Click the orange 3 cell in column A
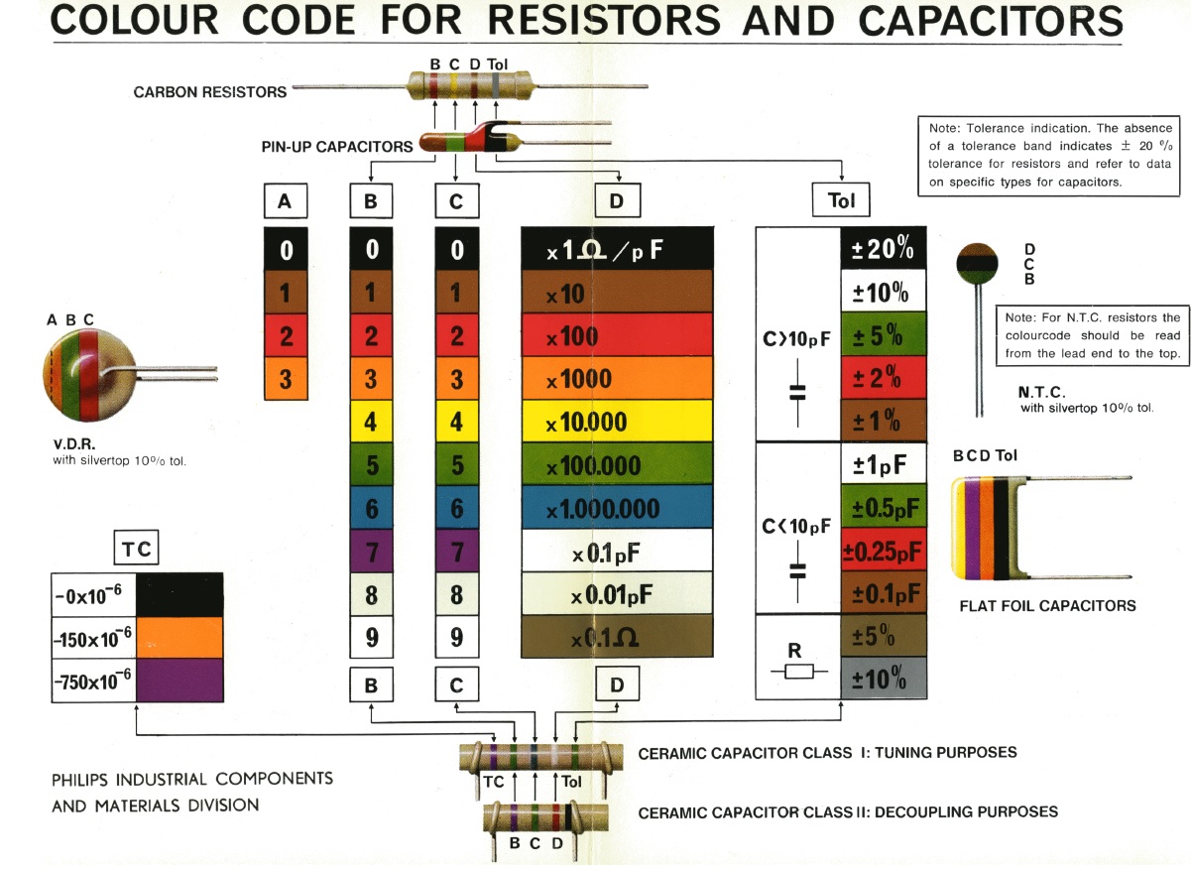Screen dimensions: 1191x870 pos(286,378)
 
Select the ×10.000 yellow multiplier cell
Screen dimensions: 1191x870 pos(617,421)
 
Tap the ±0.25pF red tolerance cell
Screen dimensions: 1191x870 pos(884,550)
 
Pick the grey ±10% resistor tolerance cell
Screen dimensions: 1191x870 pos(884,678)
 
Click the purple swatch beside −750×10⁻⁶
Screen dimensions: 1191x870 pos(179,681)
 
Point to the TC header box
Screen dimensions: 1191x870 pos(136,548)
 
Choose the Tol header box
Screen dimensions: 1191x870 pos(841,200)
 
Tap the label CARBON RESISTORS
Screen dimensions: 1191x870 pos(210,92)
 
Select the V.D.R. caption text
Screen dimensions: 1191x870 pos(74,444)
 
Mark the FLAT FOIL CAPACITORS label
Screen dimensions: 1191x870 pos(1047,606)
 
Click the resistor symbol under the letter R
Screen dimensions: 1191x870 pos(798,672)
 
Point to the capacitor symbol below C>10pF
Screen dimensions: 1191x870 pos(797,393)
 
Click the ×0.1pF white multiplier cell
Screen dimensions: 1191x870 pos(617,550)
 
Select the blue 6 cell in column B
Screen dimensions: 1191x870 pos(371,507)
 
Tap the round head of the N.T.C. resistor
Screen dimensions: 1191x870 pos(977,263)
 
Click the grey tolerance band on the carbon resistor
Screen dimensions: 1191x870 pos(496,85)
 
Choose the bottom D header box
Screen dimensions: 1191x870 pos(617,684)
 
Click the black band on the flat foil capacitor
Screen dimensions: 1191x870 pos(1001,528)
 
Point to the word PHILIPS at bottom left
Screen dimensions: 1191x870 pos(79,780)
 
